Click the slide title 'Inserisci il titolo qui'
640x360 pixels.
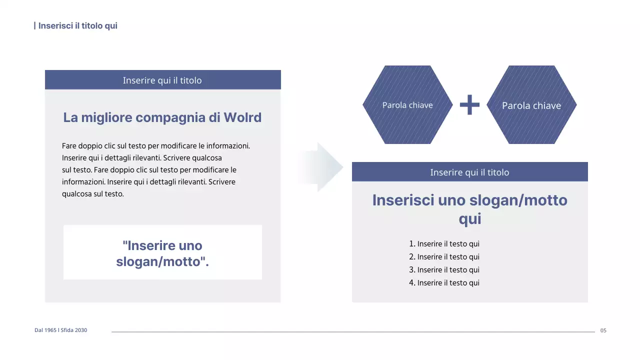point(77,25)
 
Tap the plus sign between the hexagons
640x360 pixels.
point(469,105)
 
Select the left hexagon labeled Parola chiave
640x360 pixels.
point(407,105)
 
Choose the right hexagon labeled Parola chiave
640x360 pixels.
point(531,105)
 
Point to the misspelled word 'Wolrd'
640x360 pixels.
point(242,117)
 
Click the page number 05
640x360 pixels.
point(603,330)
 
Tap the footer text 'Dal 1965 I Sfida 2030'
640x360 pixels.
point(60,330)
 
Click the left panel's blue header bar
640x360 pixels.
point(162,80)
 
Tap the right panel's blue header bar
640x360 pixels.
point(469,172)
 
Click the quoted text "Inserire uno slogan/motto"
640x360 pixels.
point(162,253)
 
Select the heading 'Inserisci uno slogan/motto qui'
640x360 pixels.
point(469,209)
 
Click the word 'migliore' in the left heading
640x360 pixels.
point(107,117)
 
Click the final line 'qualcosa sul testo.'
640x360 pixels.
point(92,194)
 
